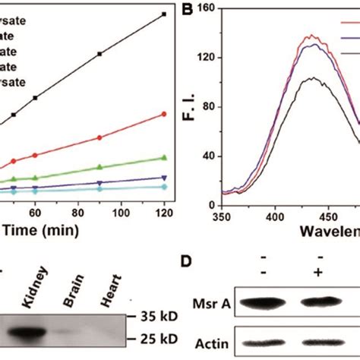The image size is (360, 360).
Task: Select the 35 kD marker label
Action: pyautogui.click(x=161, y=314)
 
